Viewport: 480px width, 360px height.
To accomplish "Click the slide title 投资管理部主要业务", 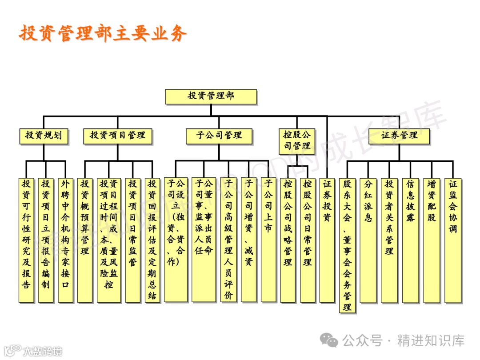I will (103, 33).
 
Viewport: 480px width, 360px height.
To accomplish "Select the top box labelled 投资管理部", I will (211, 96).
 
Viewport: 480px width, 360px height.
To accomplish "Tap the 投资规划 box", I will (44, 136).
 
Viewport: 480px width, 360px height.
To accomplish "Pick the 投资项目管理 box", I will (117, 136).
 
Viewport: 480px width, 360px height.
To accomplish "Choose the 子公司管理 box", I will (219, 136).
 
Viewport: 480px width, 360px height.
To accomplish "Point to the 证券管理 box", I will (399, 136).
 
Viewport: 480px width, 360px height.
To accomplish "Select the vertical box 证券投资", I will (327, 240).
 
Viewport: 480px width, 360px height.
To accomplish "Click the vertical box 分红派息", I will (368, 240).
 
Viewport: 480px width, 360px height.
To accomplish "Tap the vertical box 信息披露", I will (410, 240).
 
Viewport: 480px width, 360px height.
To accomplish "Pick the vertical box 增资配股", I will (432, 240).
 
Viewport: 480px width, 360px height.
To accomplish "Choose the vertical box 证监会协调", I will (453, 240).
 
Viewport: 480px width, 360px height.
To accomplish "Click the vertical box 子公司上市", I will (268, 240).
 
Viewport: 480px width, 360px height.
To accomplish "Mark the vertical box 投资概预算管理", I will (84, 240).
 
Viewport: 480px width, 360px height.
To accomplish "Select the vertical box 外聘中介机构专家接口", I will (65, 240).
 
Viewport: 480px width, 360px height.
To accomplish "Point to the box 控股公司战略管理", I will (288, 240).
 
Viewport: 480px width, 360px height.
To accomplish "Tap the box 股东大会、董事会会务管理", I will (347, 245).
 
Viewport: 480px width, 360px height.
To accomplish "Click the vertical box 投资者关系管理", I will (389, 240).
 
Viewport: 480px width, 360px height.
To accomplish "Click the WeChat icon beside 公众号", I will (330, 341).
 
